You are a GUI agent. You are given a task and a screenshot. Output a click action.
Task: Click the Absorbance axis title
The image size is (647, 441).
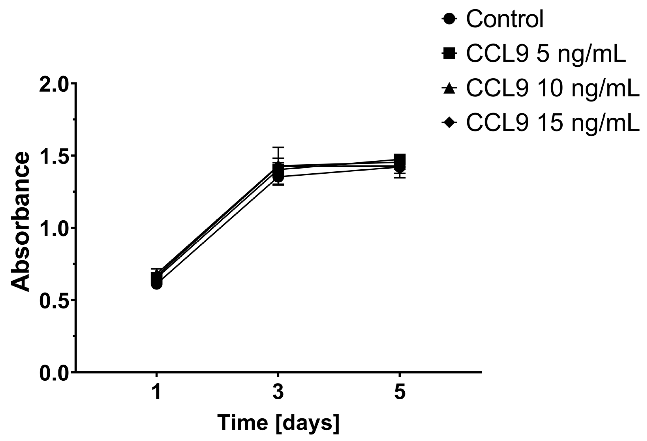[20, 222]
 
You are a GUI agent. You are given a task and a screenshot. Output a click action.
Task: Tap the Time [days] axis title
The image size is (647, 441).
[278, 425]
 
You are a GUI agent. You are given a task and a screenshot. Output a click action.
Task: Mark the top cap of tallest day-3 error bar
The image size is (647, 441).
[278, 147]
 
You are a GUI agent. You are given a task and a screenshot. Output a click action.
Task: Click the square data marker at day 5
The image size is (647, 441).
[400, 160]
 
